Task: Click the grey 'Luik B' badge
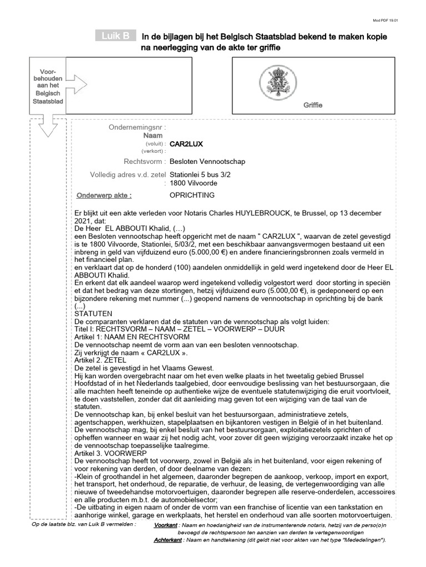point(115,36)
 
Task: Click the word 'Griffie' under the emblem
point(312,105)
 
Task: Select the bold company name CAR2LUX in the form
point(186,144)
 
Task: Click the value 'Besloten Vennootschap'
point(207,162)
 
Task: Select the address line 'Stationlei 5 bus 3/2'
point(201,175)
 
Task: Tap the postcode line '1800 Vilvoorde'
point(193,183)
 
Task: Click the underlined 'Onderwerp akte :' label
point(104,195)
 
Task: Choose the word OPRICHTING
point(192,195)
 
